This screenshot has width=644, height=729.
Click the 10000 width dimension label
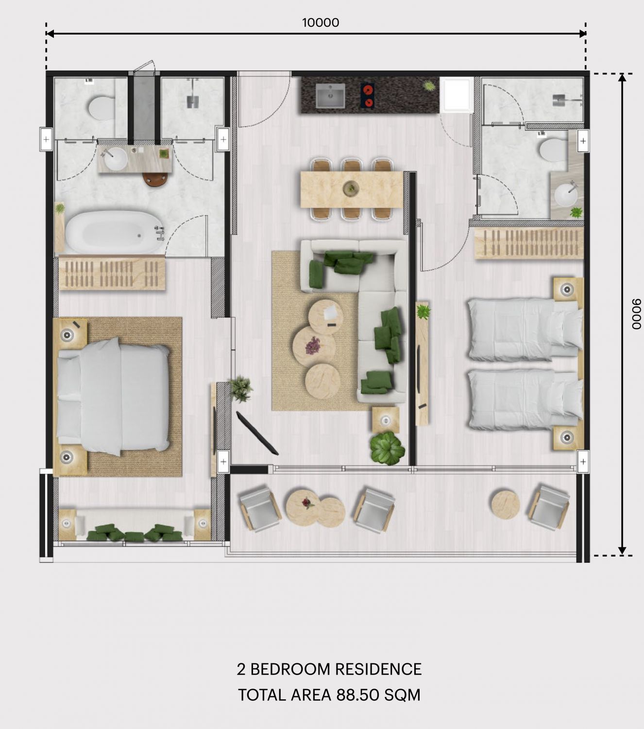click(x=321, y=23)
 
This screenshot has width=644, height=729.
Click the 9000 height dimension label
click(x=636, y=314)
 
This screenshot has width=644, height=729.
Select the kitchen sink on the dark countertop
click(x=330, y=96)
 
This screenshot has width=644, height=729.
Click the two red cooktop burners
click(x=368, y=95)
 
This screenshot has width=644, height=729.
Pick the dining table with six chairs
click(x=352, y=189)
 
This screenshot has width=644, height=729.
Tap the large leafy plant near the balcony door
click(x=387, y=448)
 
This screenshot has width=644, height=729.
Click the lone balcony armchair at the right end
click(x=548, y=508)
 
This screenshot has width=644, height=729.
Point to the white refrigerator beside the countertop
click(x=457, y=95)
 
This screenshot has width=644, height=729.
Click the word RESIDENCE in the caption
click(x=378, y=669)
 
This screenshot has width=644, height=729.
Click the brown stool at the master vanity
click(x=155, y=179)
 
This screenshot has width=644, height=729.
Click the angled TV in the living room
click(x=257, y=434)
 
